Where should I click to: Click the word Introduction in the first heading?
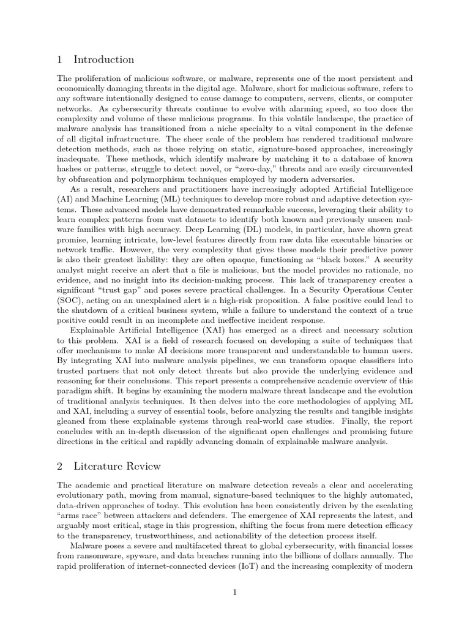[x=103, y=60]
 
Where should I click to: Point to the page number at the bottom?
[x=235, y=593]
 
